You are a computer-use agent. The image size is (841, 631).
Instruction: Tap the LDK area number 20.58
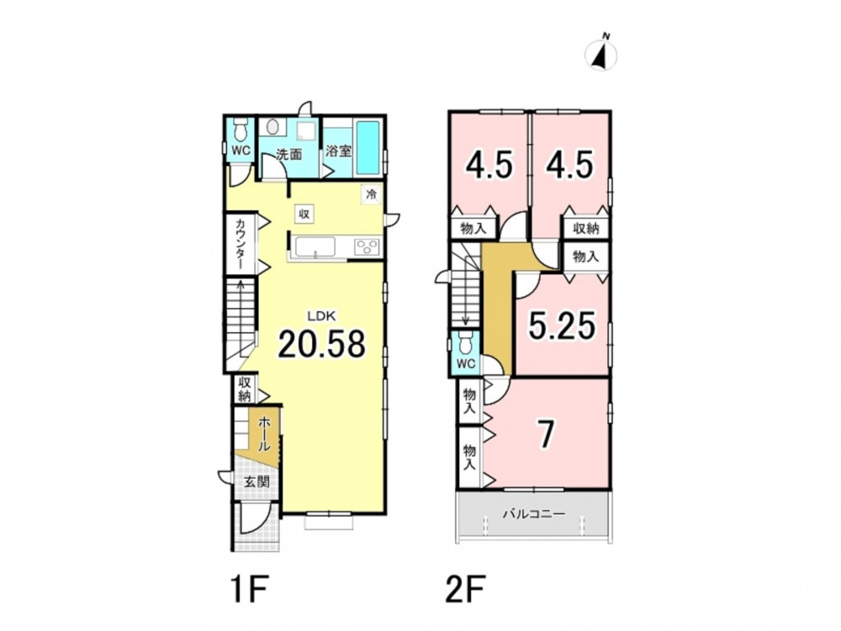pos(321,344)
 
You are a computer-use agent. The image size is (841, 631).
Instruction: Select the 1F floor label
pos(250,589)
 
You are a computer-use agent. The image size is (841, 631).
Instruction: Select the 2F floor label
pos(466,589)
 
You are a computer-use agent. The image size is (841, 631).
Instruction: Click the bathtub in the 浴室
pos(368,147)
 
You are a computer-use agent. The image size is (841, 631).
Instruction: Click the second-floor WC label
pos(466,363)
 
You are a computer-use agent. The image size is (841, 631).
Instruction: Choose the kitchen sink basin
pos(315,247)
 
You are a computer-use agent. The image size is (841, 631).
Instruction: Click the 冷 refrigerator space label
pos(371,194)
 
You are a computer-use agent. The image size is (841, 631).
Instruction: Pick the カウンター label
pos(240,244)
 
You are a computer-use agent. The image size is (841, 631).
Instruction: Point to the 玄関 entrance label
pos(257,481)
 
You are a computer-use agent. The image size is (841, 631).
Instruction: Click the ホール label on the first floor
pos(264,434)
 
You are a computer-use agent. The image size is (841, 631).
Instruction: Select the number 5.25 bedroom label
pos(562,325)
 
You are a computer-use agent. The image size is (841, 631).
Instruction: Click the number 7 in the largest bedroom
pos(545,435)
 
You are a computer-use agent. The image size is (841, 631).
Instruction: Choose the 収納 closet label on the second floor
pos(585,228)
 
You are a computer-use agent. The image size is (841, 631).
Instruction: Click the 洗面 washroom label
pos(288,155)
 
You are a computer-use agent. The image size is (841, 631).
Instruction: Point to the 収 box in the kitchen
pos(304,214)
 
